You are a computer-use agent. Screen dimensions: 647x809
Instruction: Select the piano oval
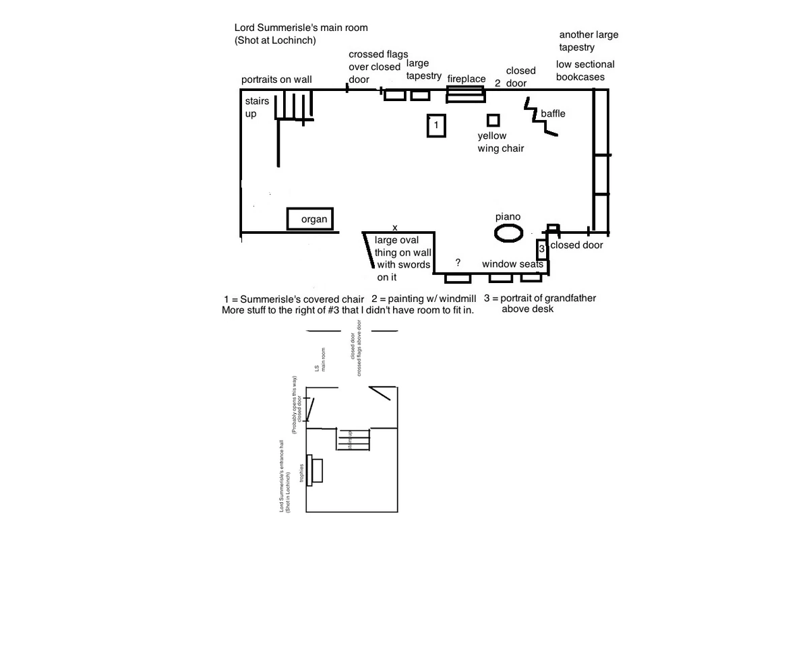pyautogui.click(x=508, y=233)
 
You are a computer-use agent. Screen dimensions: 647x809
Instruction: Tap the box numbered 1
pyautogui.click(x=436, y=125)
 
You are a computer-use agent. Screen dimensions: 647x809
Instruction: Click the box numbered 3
pyautogui.click(x=542, y=249)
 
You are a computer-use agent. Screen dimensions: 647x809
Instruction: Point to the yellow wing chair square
pyautogui.click(x=493, y=121)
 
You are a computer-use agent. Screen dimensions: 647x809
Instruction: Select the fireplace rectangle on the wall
pyautogui.click(x=466, y=94)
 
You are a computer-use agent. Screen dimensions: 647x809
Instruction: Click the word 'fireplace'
pyautogui.click(x=467, y=79)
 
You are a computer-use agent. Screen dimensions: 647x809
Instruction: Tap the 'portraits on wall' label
pyautogui.click(x=276, y=80)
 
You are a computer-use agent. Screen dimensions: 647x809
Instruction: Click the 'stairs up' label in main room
pyautogui.click(x=257, y=107)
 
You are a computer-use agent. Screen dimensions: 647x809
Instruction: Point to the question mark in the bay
pyautogui.click(x=458, y=263)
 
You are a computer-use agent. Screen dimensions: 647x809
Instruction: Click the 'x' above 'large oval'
pyautogui.click(x=395, y=228)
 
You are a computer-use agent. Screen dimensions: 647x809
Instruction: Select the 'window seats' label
pyautogui.click(x=512, y=264)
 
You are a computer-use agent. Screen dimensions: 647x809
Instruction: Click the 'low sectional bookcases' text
pyautogui.click(x=585, y=71)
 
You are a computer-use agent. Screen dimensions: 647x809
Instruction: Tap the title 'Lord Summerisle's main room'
pyautogui.click(x=301, y=28)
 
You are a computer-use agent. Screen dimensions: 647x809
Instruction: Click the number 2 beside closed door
pyautogui.click(x=498, y=84)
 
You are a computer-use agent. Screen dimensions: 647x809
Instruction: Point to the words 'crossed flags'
pyautogui.click(x=378, y=54)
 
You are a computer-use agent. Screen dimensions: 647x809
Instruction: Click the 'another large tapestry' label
pyautogui.click(x=588, y=40)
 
